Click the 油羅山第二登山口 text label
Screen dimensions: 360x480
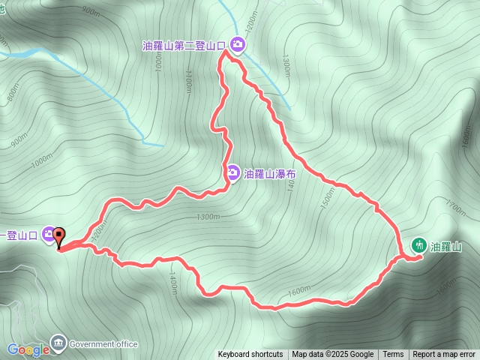(184, 46)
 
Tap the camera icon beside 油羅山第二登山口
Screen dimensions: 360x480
(237, 45)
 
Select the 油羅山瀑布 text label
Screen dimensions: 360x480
(271, 173)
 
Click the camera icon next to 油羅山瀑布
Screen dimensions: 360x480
(233, 173)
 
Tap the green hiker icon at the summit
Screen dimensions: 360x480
(418, 245)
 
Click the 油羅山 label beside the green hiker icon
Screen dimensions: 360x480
(445, 246)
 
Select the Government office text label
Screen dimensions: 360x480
(103, 344)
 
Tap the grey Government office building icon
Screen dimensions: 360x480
(58, 343)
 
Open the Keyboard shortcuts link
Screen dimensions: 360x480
(250, 355)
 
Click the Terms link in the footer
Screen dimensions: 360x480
(393, 355)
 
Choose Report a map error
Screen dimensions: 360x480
(444, 355)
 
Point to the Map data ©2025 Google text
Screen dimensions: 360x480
(333, 355)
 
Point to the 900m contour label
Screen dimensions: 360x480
(91, 11)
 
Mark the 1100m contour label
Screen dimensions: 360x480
(188, 82)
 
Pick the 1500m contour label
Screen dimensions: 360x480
(327, 198)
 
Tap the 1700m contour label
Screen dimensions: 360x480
(456, 202)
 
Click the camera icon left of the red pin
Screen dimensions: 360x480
(48, 235)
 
